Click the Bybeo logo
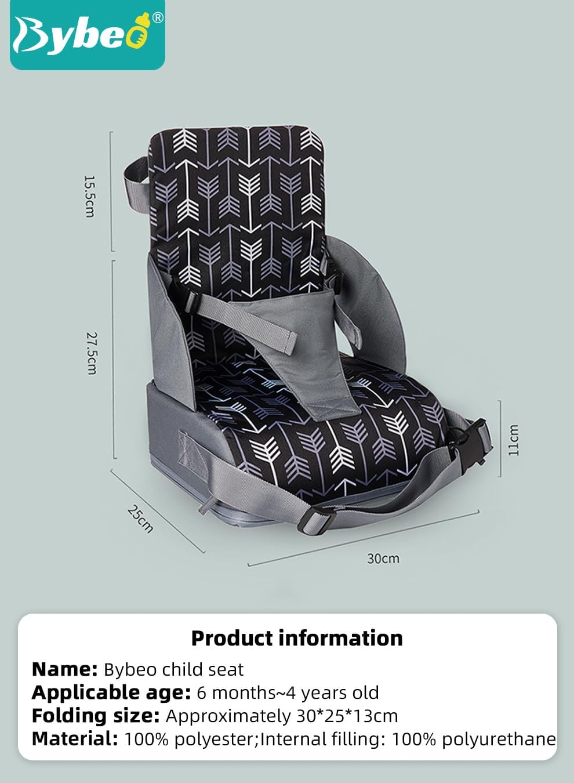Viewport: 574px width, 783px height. click(x=88, y=35)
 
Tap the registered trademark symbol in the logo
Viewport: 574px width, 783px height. click(x=158, y=17)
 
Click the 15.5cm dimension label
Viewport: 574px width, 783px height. click(x=90, y=197)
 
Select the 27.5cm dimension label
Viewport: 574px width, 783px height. click(x=92, y=353)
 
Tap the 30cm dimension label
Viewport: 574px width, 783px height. click(x=383, y=559)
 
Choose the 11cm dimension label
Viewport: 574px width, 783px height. click(x=513, y=440)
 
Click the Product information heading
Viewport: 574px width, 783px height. click(x=297, y=638)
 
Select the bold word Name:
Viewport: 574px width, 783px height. click(x=64, y=670)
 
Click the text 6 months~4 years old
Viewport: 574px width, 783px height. click(x=288, y=693)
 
